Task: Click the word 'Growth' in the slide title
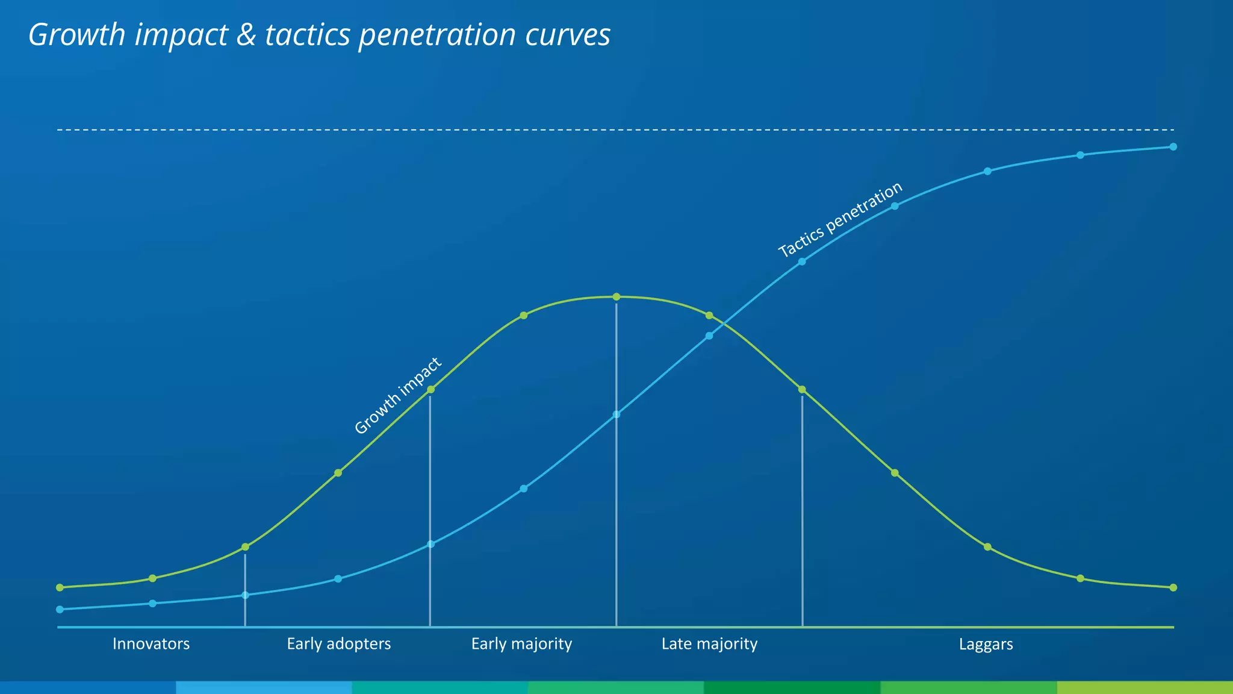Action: [x=76, y=35]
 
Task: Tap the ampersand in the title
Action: [x=246, y=35]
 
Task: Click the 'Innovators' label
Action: [x=151, y=644]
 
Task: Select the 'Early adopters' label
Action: [x=338, y=644]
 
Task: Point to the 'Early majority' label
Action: [x=521, y=644]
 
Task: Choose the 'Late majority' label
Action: [x=709, y=644]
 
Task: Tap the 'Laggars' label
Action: [x=986, y=645]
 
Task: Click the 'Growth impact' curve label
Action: [x=398, y=396]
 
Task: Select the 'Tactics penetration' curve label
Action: [x=840, y=220]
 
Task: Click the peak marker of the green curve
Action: [x=616, y=296]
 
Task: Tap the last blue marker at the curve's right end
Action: [x=1173, y=146]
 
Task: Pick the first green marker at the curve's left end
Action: [x=60, y=587]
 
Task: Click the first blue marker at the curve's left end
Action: [x=60, y=609]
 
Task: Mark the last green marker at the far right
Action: [x=1173, y=587]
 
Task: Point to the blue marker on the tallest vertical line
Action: [x=616, y=414]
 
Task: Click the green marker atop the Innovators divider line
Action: [x=245, y=547]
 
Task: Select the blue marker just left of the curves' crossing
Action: [x=709, y=336]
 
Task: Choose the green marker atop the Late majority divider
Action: [x=802, y=390]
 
